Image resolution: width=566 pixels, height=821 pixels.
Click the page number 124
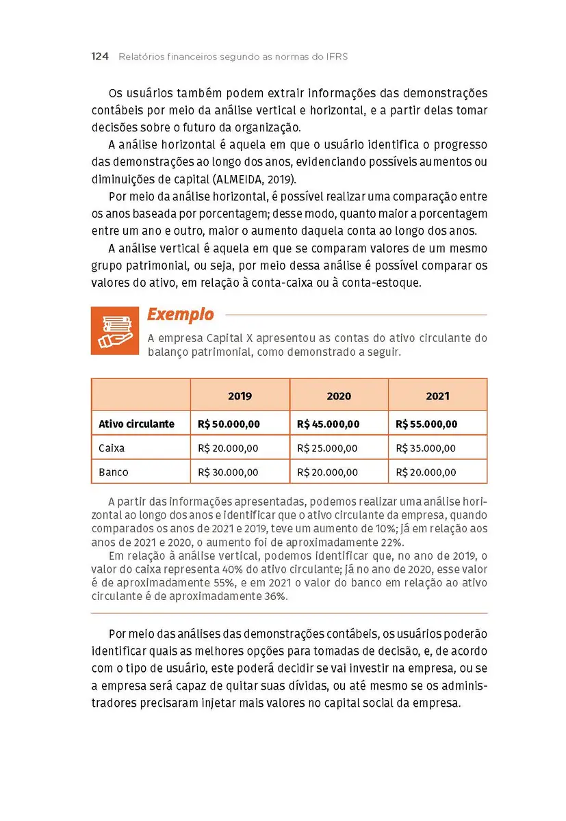point(100,57)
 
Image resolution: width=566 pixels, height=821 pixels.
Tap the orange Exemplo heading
point(180,315)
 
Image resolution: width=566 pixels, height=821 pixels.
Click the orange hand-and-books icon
point(114,330)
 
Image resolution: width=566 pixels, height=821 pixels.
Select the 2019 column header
point(240,396)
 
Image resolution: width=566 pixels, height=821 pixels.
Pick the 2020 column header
point(339,396)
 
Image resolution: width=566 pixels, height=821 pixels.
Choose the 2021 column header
point(437,396)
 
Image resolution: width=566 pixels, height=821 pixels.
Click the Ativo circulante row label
point(136,424)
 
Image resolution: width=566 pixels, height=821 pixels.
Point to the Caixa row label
point(112,448)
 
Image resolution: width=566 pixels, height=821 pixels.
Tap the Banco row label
point(113,472)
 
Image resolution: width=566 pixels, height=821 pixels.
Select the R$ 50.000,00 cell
point(229,424)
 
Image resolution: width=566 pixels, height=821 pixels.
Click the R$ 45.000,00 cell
point(328,424)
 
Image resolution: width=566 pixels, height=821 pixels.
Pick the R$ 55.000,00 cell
point(426,424)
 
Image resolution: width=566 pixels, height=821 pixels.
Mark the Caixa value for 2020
point(327,448)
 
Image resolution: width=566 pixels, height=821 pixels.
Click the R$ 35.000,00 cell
point(426,448)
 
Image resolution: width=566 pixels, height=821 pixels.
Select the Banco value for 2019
point(228,472)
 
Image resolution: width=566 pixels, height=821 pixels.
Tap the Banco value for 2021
point(426,472)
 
